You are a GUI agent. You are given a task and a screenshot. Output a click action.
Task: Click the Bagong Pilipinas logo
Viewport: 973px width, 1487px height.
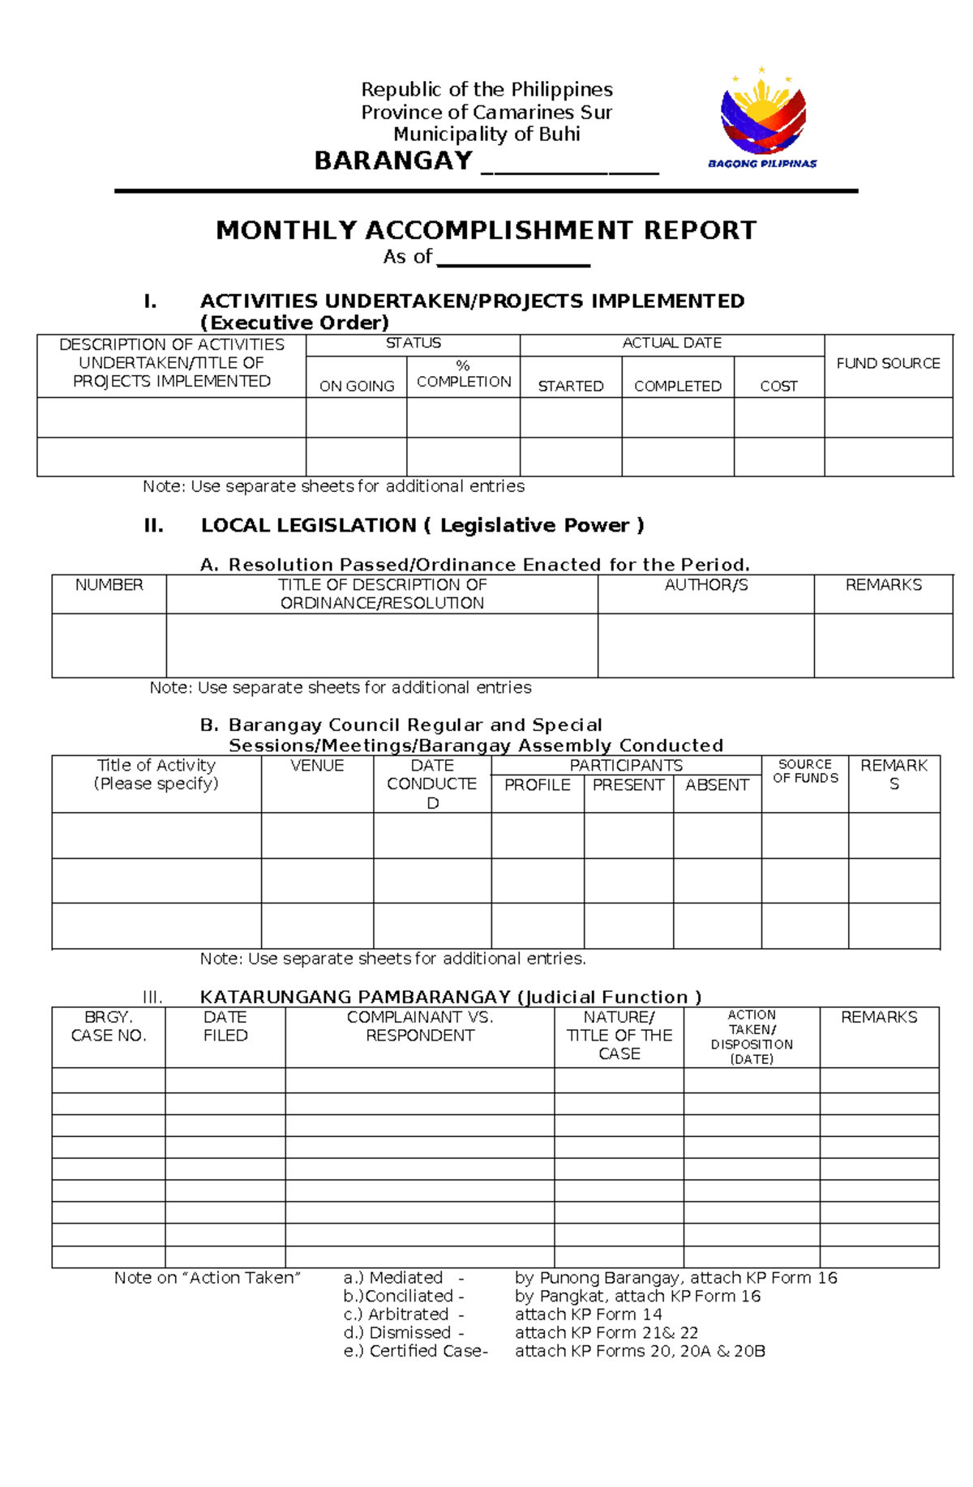click(x=762, y=118)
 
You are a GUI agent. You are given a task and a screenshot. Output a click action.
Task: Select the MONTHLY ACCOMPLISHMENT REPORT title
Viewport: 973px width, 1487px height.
click(x=486, y=230)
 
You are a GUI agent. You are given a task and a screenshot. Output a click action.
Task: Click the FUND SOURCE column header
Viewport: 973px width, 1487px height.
click(x=888, y=364)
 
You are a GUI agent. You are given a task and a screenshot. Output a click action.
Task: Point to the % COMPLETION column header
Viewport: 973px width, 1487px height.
click(x=463, y=374)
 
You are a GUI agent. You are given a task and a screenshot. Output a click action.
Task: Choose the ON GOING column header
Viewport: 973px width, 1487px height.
click(x=357, y=387)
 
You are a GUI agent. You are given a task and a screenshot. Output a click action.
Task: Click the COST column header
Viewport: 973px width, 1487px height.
click(x=778, y=387)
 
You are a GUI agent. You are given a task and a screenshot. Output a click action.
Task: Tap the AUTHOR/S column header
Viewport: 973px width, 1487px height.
click(x=705, y=585)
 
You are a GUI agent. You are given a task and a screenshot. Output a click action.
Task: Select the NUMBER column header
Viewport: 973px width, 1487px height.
click(x=109, y=585)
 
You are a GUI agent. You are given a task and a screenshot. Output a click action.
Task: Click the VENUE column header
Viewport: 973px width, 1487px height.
click(x=317, y=766)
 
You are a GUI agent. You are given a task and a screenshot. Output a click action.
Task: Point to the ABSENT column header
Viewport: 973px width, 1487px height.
click(x=717, y=785)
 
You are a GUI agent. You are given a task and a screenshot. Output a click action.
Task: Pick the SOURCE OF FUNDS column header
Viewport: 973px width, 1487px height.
click(x=805, y=771)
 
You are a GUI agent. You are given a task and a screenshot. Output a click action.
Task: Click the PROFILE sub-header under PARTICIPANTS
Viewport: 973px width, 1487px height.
click(x=537, y=785)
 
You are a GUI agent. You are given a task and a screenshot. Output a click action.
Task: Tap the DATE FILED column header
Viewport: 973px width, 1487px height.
click(x=225, y=1026)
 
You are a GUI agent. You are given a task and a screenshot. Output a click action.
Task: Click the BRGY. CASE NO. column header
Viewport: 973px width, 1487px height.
click(x=109, y=1026)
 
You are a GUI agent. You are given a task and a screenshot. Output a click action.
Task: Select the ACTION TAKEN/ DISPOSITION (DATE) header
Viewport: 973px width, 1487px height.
click(x=752, y=1036)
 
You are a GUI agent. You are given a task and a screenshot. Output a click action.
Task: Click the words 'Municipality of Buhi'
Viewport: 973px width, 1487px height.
click(x=486, y=135)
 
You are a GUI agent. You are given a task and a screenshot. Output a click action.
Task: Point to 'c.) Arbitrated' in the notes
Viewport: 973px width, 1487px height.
click(x=396, y=1314)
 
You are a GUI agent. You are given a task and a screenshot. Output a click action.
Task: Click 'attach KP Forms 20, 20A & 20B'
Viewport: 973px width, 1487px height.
click(x=640, y=1351)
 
